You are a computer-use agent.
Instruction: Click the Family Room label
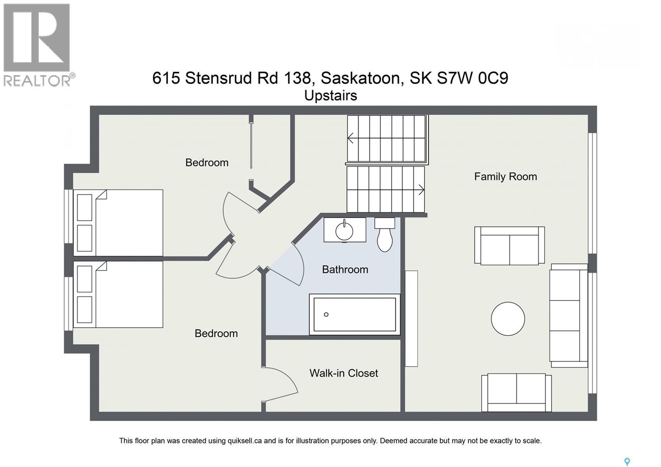tap(505, 176)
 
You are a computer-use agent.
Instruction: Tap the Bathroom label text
tap(345, 269)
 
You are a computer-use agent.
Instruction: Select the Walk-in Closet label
tap(343, 373)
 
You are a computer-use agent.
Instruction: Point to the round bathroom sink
tap(344, 231)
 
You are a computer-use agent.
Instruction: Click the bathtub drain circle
tap(326, 315)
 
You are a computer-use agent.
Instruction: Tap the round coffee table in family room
tap(508, 319)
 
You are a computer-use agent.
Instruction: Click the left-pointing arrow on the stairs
tap(351, 138)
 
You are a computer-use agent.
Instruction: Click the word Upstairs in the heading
tap(330, 95)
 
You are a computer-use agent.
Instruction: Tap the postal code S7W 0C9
tap(472, 78)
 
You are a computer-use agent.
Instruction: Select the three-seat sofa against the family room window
tap(568, 315)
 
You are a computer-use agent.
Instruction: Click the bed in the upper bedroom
tap(118, 223)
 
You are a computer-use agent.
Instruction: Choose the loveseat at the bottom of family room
tap(516, 392)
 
